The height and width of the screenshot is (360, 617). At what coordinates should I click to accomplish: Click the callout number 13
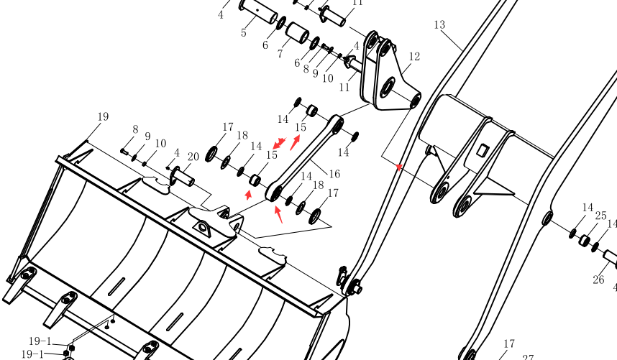coord(439,24)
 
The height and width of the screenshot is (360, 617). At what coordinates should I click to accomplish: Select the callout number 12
coord(414,57)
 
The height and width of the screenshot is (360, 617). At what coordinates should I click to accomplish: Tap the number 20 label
coord(193,157)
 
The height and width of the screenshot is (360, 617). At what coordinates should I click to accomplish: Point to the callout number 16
coord(334,174)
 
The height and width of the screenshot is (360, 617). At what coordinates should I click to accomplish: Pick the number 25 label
coord(601,216)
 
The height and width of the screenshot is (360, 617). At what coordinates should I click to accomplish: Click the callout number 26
coord(598,280)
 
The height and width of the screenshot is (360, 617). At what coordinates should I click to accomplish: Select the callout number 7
coord(280,54)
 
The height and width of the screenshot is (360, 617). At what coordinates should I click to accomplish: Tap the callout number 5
coord(244,32)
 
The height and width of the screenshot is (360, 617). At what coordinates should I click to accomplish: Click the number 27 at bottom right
coord(528,357)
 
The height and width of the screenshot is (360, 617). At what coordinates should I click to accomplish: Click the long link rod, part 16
coord(303,158)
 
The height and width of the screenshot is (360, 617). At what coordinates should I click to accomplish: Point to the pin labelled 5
coord(259,11)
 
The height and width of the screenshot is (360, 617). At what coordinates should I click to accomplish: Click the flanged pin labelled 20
coord(182,177)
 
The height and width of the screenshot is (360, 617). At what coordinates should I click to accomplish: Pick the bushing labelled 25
coord(584,240)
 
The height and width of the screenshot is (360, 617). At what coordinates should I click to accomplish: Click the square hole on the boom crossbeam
coord(483,149)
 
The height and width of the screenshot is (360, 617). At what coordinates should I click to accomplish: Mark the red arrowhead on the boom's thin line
coord(399,167)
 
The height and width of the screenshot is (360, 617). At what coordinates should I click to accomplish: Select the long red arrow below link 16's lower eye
coord(278,215)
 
